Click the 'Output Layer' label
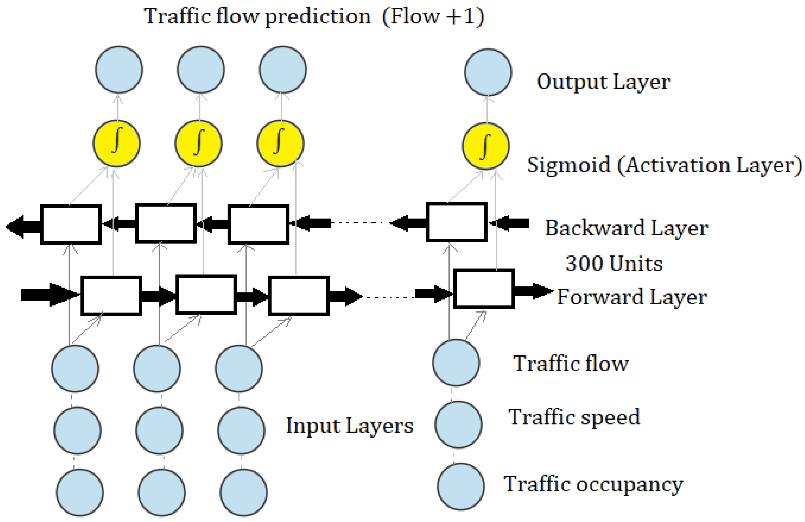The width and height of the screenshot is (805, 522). tap(603, 82)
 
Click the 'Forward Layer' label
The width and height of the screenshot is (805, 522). tap(632, 297)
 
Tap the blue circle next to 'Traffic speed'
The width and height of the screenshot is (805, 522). tap(458, 424)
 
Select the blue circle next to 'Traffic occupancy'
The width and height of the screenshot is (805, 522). tap(461, 486)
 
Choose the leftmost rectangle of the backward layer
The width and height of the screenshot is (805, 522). tap(71, 224)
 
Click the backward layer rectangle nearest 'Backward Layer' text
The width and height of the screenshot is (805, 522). tap(456, 222)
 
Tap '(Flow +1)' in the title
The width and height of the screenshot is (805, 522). tap(433, 16)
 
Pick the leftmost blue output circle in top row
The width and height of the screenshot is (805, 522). tap(119, 69)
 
